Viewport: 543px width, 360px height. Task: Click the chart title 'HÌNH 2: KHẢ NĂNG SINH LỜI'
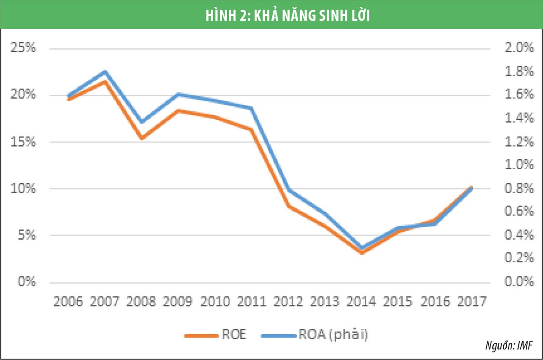271,14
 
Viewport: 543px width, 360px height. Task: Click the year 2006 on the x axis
68,302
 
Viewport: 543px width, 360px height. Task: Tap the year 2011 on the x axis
251,302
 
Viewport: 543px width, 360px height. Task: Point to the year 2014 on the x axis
361,302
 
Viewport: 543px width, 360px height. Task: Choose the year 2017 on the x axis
471,302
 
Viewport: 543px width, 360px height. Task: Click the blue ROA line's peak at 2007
105,71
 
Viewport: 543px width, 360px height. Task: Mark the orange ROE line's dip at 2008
141,138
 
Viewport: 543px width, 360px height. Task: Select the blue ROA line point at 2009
178,95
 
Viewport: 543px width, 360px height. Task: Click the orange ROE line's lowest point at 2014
361,252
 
